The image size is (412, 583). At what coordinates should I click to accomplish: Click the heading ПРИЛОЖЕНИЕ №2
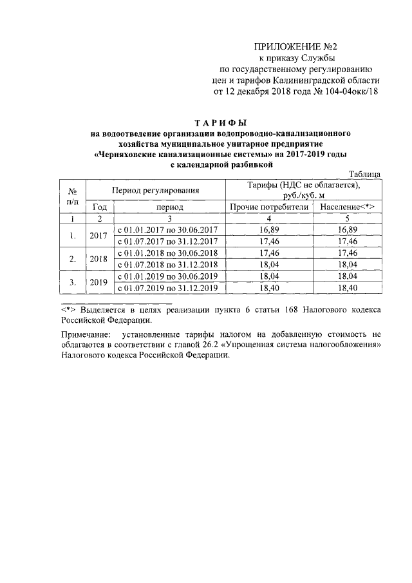[x=295, y=46]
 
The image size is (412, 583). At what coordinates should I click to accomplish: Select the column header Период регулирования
[x=155, y=190]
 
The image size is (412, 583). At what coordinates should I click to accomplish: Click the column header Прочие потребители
[x=268, y=207]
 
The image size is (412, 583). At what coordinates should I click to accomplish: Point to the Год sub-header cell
[x=100, y=207]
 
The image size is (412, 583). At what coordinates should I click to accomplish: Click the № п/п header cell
[x=73, y=196]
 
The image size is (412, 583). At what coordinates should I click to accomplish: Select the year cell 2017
[x=100, y=235]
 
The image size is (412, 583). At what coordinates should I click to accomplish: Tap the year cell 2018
[x=100, y=258]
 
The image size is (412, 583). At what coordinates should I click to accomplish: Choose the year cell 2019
[x=100, y=282]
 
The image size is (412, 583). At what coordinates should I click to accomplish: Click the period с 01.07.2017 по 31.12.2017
[x=167, y=241]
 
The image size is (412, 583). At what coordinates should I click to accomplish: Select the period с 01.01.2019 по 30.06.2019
[x=167, y=276]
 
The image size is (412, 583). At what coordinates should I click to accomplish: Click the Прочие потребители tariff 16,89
[x=268, y=229]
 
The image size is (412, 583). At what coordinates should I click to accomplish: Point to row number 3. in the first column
[x=73, y=282]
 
